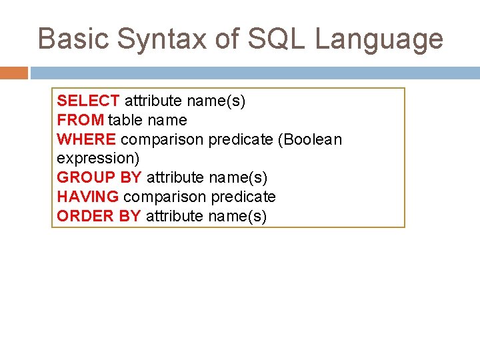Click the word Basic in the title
[x=73, y=39]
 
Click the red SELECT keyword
[x=88, y=101]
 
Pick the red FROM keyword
[x=80, y=120]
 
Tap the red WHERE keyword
[x=86, y=139]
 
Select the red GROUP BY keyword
[x=99, y=177]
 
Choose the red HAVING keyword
[x=87, y=197]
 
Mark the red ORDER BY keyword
[x=99, y=216]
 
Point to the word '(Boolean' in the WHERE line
[x=310, y=139]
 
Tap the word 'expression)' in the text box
[x=98, y=159]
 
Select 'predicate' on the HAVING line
[x=243, y=197]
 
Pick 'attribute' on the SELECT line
[x=153, y=101]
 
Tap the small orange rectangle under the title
[x=14, y=73]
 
